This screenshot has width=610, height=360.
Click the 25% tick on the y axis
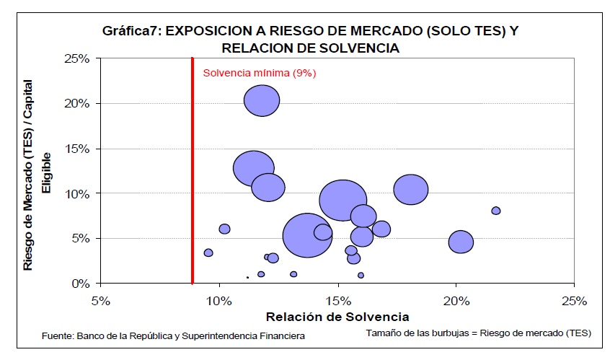click(x=77, y=58)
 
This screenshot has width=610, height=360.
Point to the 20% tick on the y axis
click(x=77, y=103)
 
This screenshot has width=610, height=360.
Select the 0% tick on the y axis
click(x=80, y=284)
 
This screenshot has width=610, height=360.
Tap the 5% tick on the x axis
click(x=100, y=299)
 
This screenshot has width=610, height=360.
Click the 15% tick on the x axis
click(x=337, y=299)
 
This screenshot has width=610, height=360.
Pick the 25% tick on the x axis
click(x=573, y=299)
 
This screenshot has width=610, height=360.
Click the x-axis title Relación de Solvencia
click(x=337, y=317)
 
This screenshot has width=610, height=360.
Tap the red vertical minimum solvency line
click(x=193, y=173)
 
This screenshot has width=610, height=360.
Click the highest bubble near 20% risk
click(x=262, y=100)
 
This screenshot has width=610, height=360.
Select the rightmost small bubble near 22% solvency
click(x=496, y=211)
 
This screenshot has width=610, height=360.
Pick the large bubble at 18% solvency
click(x=411, y=190)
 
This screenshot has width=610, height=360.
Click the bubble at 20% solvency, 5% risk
click(x=461, y=242)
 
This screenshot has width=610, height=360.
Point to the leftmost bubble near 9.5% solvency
click(x=208, y=253)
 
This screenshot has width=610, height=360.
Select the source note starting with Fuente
click(x=173, y=335)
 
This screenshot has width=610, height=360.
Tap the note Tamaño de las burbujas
click(x=478, y=333)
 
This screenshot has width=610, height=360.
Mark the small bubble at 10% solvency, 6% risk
click(x=224, y=229)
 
